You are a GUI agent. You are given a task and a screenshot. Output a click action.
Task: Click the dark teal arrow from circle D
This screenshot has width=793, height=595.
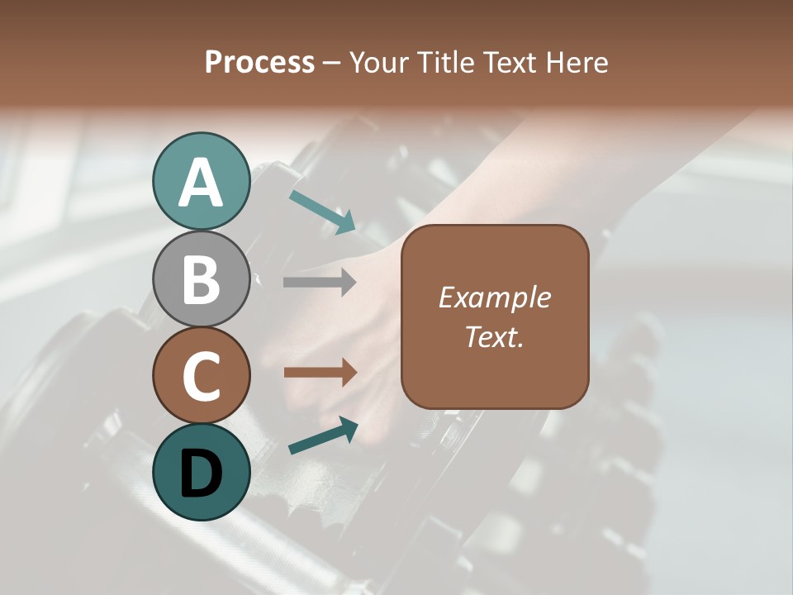[323, 436]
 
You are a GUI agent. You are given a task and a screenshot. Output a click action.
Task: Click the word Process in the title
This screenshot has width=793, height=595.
[259, 62]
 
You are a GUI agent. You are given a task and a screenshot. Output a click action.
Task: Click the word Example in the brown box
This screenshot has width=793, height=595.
[494, 297]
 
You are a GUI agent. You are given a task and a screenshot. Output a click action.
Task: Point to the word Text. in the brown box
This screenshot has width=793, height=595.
[494, 336]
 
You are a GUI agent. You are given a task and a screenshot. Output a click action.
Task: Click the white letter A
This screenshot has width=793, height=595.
[201, 183]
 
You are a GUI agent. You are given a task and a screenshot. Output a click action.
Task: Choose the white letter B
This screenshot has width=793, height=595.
[201, 280]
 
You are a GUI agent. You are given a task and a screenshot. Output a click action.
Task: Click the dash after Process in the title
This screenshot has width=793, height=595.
[332, 63]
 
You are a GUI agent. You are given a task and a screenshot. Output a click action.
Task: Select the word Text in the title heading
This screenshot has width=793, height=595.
[510, 62]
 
